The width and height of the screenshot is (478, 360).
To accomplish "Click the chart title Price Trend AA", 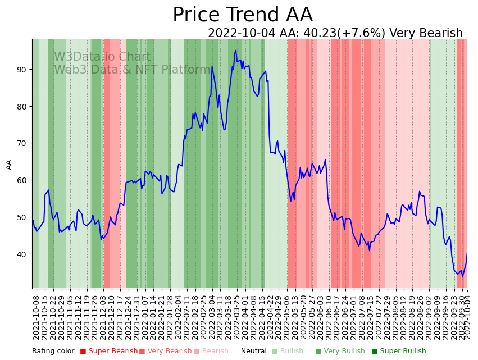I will click(242, 15).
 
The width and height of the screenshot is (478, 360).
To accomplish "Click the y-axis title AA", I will click(9, 164).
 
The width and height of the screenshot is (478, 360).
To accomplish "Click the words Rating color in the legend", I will click(53, 351).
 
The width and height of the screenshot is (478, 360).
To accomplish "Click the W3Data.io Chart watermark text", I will click(102, 57).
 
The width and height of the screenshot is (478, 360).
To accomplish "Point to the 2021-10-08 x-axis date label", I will click(36, 316).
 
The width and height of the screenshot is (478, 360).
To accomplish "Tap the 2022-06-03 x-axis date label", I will click(321, 316).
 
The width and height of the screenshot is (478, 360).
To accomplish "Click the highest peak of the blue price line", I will click(235, 51).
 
